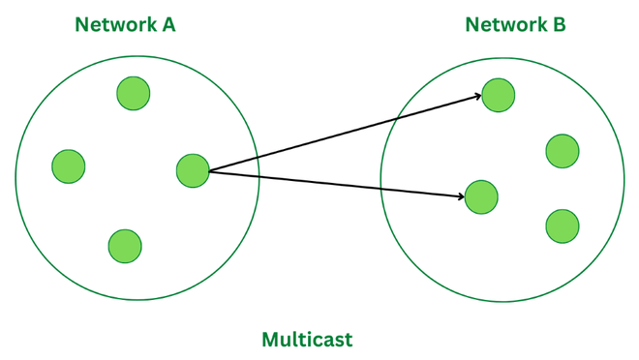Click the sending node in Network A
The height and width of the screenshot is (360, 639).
193,170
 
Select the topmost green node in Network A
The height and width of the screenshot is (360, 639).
133,94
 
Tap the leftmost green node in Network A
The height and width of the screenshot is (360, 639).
69,166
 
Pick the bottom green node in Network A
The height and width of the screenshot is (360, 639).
125,246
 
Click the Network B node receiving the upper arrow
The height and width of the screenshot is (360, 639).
499,95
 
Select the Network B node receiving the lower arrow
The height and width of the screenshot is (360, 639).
481,196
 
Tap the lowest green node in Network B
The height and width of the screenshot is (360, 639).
563,225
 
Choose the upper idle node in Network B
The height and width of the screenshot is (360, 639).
563,152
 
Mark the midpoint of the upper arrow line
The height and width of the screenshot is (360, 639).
346,133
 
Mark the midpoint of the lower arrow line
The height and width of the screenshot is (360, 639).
337,184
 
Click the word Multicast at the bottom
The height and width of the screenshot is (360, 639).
307,339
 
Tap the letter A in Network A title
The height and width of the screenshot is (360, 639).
167,24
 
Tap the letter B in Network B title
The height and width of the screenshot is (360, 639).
559,24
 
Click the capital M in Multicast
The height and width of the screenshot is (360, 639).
272,339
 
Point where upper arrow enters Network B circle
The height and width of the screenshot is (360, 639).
400,117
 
